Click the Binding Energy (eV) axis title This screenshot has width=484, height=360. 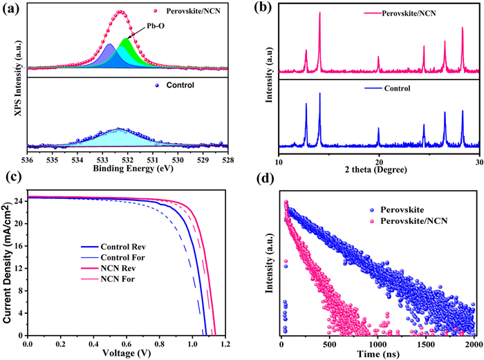pos(128,168)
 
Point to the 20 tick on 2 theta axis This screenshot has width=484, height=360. pos(379,158)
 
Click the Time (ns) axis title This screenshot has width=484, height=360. pos(378,352)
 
